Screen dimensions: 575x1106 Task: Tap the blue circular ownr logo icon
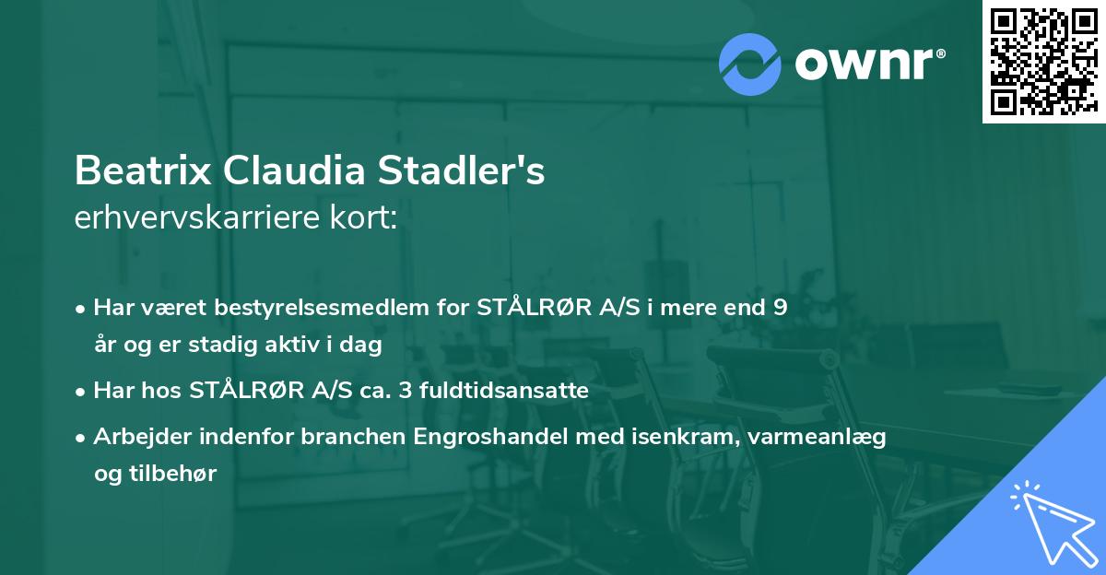click(751, 64)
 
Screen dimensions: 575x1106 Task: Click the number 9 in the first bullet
click(780, 308)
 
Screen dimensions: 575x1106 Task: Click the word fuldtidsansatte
click(503, 391)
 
